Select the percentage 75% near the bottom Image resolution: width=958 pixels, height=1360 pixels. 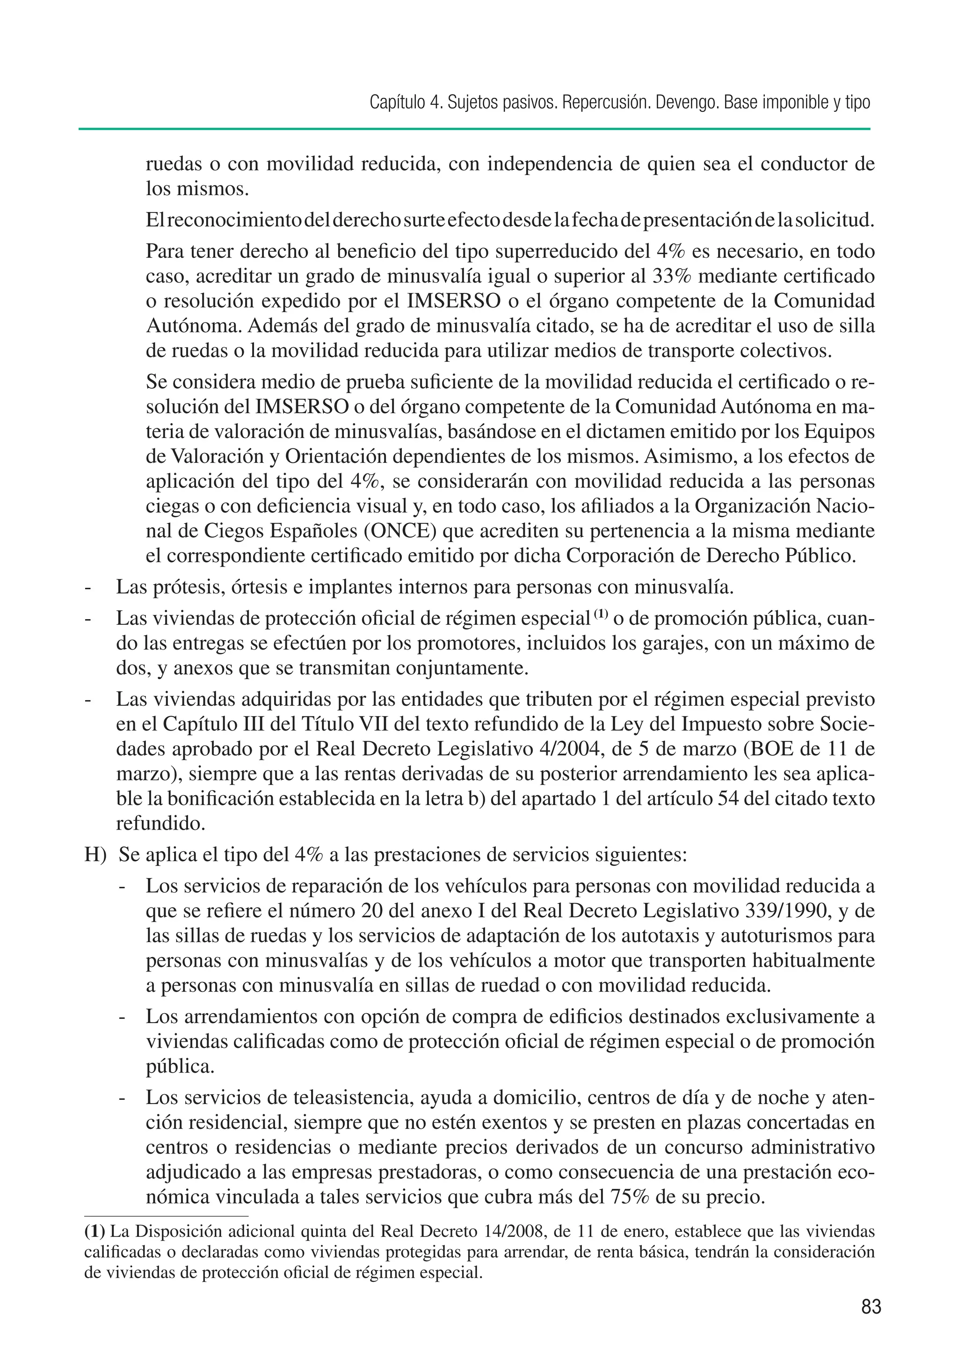[x=629, y=1197]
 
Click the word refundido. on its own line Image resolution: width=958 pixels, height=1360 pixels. [x=160, y=824]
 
